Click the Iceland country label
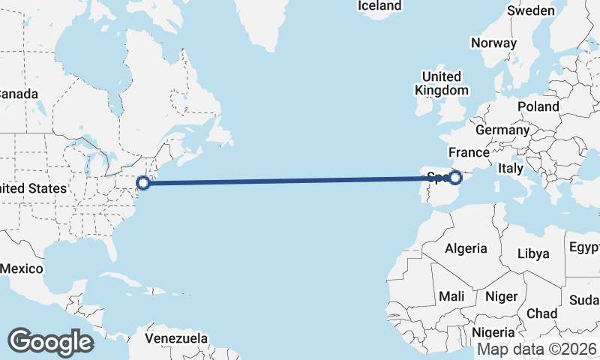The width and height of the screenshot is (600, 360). tap(379, 6)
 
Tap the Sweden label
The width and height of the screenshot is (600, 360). tap(531, 10)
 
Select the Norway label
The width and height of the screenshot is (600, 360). tap(493, 43)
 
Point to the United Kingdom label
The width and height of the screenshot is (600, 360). tap(442, 83)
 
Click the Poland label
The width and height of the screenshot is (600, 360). tap(538, 106)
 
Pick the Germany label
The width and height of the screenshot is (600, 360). tap(502, 130)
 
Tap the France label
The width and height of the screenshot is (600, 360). tap(469, 152)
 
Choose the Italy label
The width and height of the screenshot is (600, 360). tap(511, 169)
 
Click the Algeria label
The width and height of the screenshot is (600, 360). tap(466, 248)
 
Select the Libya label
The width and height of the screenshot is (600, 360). tap(534, 253)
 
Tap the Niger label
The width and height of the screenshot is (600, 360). tap(502, 296)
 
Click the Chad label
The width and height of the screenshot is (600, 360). tap(541, 313)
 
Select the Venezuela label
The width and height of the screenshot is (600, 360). tap(176, 339)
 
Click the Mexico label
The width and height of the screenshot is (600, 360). tap(21, 268)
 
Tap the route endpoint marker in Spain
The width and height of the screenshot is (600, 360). tap(454, 178)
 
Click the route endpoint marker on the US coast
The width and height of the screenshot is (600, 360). tap(143, 181)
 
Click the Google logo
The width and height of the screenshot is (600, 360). tap(50, 341)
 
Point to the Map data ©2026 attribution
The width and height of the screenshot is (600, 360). tap(537, 349)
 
